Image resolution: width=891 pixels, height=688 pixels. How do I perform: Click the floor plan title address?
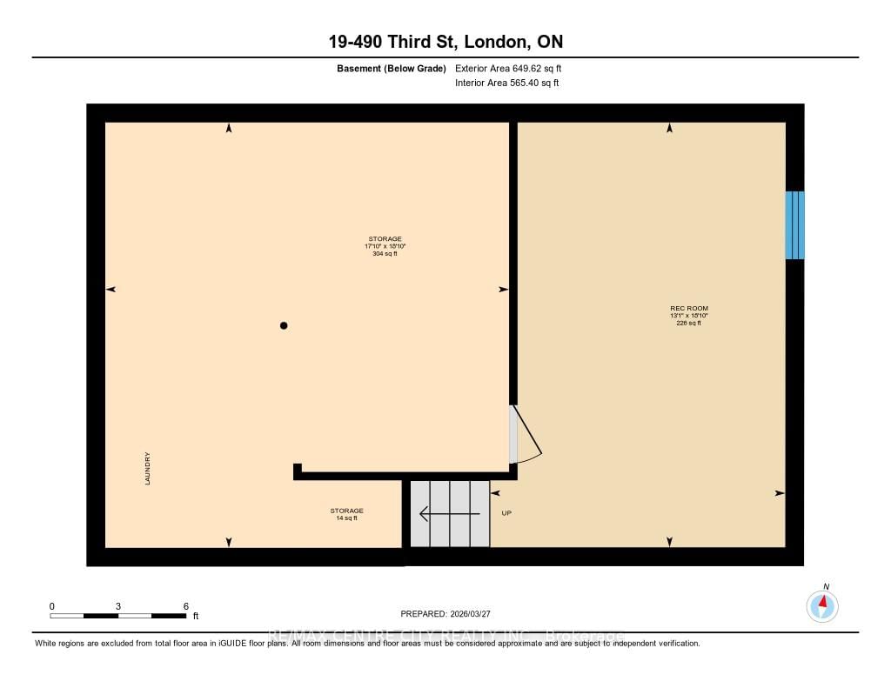coord(445,42)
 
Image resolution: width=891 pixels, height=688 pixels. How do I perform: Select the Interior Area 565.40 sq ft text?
coord(506,83)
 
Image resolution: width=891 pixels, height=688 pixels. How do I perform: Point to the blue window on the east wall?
coord(794,225)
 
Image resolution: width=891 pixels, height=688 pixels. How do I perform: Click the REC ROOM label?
coord(682,308)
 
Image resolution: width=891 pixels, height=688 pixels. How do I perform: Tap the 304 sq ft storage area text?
coord(385,254)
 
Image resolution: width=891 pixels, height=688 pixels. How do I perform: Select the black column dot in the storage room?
coord(284,325)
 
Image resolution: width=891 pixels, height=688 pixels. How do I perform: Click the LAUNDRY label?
coord(149,468)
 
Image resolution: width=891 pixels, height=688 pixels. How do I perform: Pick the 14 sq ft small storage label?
coord(346,518)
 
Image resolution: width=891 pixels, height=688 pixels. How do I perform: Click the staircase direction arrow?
coord(449,514)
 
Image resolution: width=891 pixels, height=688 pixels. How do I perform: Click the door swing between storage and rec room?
coord(526,434)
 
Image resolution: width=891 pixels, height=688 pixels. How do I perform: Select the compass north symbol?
coord(822,605)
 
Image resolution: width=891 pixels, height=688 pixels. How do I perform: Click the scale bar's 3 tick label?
coord(117,605)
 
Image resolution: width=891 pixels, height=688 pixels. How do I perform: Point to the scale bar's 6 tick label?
coord(185,605)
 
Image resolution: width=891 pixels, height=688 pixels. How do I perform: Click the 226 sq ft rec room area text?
coord(688,323)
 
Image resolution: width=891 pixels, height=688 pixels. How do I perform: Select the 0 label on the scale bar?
coord(51,605)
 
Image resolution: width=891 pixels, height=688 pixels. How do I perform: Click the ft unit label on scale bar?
coord(196,616)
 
